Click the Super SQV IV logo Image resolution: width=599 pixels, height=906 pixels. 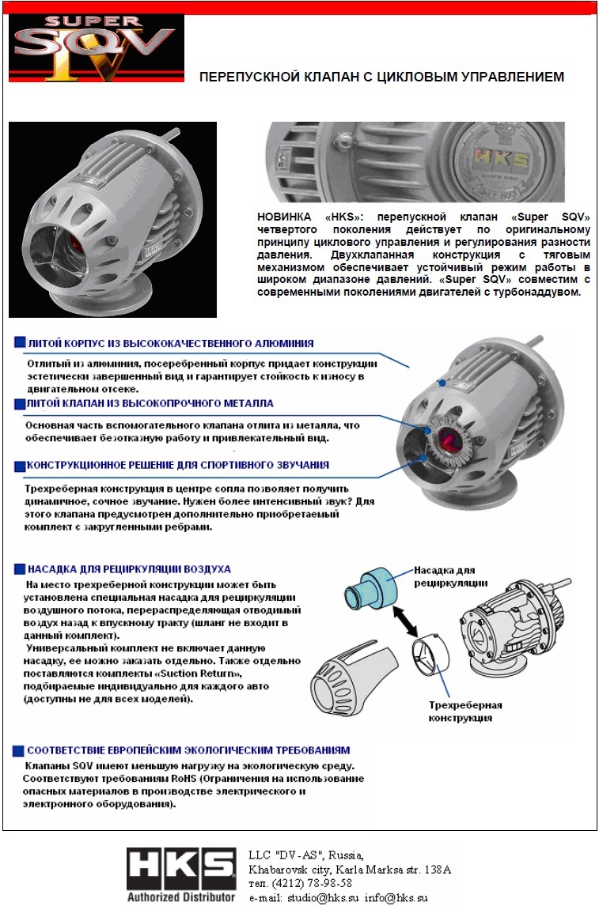[96, 48]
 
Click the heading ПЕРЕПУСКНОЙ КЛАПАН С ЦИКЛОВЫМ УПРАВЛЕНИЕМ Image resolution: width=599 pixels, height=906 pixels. [381, 77]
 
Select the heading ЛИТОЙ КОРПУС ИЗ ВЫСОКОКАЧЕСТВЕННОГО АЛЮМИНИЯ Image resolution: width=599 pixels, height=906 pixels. [170, 344]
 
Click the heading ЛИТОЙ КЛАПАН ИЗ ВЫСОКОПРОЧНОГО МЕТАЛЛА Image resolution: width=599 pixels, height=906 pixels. [150, 403]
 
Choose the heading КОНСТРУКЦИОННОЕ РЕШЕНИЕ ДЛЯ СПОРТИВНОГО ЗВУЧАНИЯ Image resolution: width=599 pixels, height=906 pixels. [178, 465]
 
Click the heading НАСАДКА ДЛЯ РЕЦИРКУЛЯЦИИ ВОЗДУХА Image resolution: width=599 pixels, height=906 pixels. [129, 568]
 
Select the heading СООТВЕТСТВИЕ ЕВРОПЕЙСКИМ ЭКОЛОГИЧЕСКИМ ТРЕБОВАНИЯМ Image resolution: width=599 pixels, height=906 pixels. [188, 749]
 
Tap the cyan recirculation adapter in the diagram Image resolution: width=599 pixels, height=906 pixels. [371, 589]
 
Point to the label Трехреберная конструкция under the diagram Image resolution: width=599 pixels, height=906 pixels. [465, 711]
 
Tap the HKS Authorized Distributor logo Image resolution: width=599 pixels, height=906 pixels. [181, 874]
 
